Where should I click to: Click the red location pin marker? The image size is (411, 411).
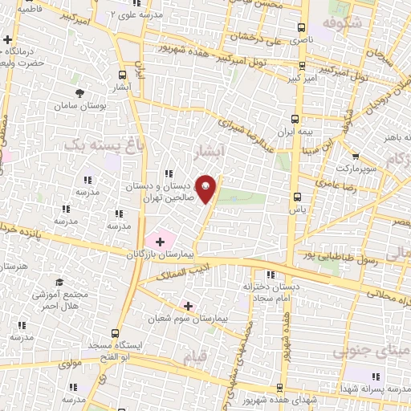point(206,188)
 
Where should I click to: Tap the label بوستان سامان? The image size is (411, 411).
point(76,106)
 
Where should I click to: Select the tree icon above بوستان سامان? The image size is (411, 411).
point(79,93)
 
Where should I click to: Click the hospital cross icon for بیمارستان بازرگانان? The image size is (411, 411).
point(161,241)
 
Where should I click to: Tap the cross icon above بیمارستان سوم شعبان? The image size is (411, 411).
point(188,306)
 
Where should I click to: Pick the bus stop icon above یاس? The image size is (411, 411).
point(297,196)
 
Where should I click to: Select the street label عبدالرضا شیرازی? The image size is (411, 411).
point(252,136)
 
